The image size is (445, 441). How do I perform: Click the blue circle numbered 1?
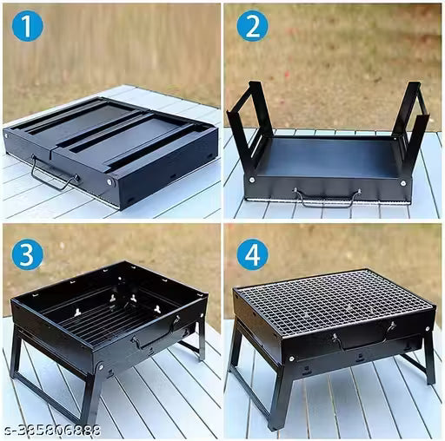(x=27, y=28)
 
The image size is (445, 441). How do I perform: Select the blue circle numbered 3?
(x=27, y=253)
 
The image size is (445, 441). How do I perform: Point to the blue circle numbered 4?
(x=251, y=253)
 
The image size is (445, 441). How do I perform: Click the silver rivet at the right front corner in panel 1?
(x=111, y=182)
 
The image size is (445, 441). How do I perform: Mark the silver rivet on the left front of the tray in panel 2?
(x=252, y=181)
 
